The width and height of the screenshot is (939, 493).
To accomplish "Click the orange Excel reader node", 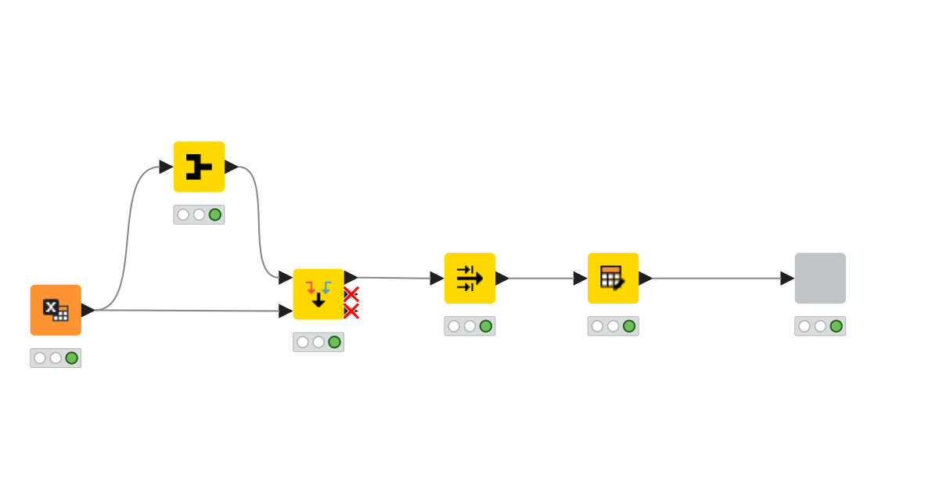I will click(56, 310).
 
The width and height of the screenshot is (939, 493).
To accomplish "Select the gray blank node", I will click(820, 278).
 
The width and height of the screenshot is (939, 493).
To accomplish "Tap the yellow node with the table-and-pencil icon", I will click(613, 278).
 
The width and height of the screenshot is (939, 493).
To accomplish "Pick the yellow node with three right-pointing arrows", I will click(469, 278).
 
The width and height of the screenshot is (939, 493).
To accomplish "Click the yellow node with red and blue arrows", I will click(318, 293).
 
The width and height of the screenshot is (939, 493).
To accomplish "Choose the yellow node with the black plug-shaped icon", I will click(199, 167).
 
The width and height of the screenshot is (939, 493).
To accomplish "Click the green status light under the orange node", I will click(72, 358).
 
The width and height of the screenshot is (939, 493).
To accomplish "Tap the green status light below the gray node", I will click(836, 326).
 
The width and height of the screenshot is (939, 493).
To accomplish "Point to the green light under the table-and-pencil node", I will click(629, 326).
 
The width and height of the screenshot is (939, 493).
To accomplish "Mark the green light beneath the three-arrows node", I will click(486, 326).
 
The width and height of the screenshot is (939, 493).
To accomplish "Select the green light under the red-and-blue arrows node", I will click(334, 342).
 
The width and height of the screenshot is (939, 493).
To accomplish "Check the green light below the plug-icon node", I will click(215, 214).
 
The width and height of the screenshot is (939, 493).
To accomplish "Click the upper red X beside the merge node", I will click(351, 294).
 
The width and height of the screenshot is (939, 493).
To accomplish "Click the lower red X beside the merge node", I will click(351, 311).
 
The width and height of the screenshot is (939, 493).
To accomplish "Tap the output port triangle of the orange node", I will click(88, 310).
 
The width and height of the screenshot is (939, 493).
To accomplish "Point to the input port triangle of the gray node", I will click(787, 278).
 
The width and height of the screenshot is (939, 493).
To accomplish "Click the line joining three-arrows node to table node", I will click(541, 278).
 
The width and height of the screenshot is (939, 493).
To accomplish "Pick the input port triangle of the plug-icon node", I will click(166, 167).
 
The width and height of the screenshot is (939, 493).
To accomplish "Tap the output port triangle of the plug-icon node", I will click(232, 167).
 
